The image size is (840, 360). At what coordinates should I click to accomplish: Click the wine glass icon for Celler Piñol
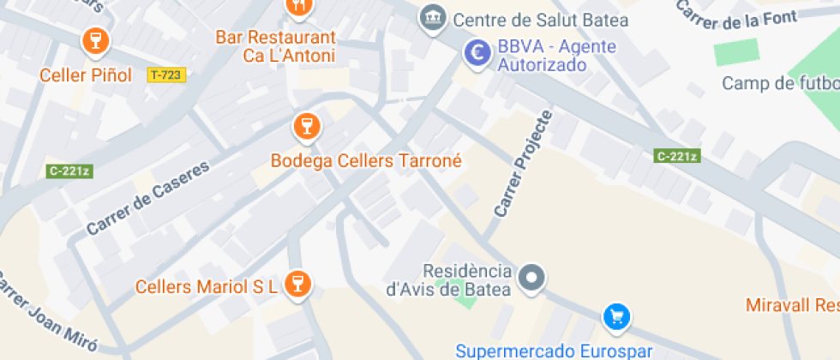(x=94, y=40)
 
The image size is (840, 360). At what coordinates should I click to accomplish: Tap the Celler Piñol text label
(x=86, y=75)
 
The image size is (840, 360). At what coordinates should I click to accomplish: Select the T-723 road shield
(x=165, y=75)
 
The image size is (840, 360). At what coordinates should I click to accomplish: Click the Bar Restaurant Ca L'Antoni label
(x=275, y=47)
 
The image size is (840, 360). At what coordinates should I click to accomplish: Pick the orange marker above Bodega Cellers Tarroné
(x=303, y=128)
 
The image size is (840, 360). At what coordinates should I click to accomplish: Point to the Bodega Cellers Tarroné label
(x=366, y=161)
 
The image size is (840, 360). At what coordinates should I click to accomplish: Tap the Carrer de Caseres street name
(x=147, y=199)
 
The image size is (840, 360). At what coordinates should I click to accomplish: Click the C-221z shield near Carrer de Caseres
(x=69, y=171)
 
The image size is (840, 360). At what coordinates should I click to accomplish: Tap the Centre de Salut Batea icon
(x=434, y=16)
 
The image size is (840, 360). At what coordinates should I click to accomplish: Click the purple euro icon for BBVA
(x=477, y=53)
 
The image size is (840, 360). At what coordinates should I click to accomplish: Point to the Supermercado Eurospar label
(x=555, y=351)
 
